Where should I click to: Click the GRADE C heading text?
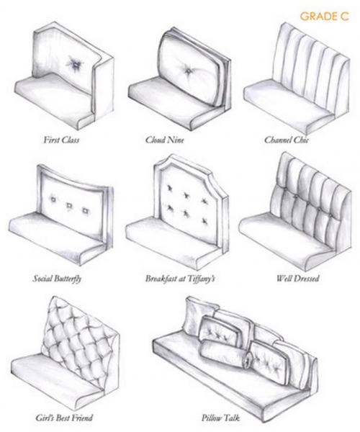(324, 17)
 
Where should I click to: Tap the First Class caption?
(61, 140)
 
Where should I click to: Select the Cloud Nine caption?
(164, 140)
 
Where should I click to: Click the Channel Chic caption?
(287, 140)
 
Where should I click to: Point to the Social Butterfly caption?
(57, 279)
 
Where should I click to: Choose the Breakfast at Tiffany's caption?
(180, 279)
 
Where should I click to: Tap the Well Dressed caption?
(298, 278)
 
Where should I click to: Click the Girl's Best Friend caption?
(64, 418)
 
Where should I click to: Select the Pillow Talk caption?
(220, 418)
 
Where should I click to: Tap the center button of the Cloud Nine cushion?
(188, 71)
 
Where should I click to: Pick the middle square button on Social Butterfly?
(69, 205)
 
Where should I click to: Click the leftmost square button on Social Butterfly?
(53, 199)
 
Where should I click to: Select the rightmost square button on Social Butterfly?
(85, 211)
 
